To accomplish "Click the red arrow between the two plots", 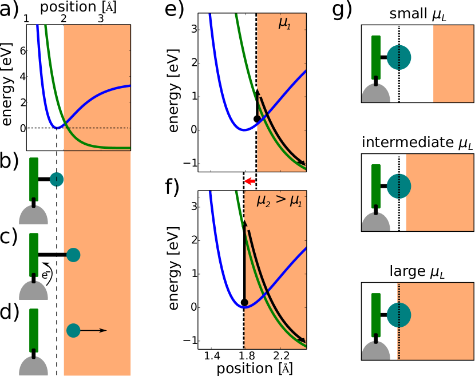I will tap(250, 181).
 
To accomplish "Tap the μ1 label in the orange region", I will tap(284, 23).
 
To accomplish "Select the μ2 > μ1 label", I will tap(279, 200).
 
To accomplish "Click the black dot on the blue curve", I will tap(244, 302).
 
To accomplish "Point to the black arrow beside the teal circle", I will tap(94, 330).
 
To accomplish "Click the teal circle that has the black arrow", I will tap(73, 330).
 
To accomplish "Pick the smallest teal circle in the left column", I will tap(57, 179).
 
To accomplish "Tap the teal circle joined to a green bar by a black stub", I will tap(73, 255).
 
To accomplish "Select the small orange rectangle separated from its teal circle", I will tap(453, 64).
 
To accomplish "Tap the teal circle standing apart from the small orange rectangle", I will tap(399, 57).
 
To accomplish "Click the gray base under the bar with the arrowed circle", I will tap(33, 366).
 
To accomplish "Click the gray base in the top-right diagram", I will tap(376, 94).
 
